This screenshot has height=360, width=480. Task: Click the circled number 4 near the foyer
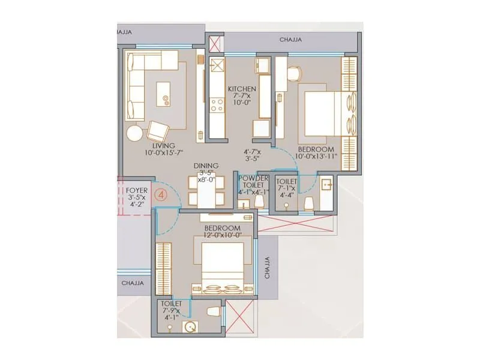point(160,194)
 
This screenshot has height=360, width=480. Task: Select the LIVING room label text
point(163,146)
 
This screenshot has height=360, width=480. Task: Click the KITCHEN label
point(241,89)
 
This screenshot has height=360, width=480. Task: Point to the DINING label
point(206,166)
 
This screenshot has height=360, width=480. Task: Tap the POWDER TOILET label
point(253,182)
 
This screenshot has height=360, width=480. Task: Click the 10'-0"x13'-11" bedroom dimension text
point(316,157)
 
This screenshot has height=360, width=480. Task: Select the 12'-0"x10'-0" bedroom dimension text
point(222,236)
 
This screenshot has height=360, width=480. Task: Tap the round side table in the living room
point(135,133)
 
